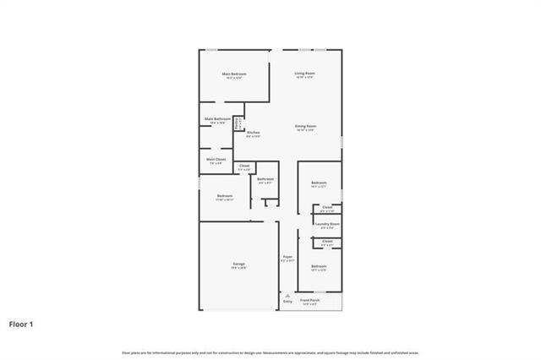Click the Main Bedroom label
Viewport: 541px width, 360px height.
point(232,74)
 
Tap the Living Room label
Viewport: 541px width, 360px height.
point(305,74)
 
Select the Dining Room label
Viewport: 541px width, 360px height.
point(305,127)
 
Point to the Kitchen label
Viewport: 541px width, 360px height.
point(253,134)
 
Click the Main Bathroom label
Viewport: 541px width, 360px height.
point(217,119)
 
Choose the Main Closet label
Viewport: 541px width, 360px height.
point(216,160)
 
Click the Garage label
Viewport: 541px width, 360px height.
point(239,265)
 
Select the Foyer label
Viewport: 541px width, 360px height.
point(287,257)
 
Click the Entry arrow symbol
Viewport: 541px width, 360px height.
point(287,296)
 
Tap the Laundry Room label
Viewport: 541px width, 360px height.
point(327,225)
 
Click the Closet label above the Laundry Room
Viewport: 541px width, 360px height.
point(327,207)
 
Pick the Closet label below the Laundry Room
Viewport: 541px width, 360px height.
point(327,242)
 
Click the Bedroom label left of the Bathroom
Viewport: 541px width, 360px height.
point(224,198)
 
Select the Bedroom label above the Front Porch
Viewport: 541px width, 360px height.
point(319,266)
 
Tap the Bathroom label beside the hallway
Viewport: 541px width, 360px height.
point(265,179)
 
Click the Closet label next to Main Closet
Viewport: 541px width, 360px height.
point(244,166)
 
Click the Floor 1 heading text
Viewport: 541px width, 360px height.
point(21,324)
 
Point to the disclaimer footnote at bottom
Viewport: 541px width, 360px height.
point(270,352)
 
